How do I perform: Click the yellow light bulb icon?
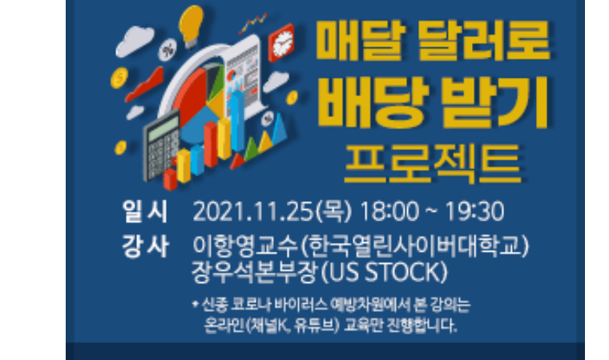(191, 26)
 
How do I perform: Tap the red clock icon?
(281, 43)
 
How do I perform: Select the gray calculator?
(162, 146)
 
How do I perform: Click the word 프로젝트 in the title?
(432, 164)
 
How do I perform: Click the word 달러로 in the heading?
(484, 40)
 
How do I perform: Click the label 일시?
(145, 212)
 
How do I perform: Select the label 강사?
(145, 246)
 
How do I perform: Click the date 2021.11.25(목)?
(272, 212)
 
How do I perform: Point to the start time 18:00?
(389, 212)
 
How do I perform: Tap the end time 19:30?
(474, 212)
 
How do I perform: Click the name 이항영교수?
(245, 246)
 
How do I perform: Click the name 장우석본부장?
(255, 272)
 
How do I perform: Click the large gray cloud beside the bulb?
(135, 41)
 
